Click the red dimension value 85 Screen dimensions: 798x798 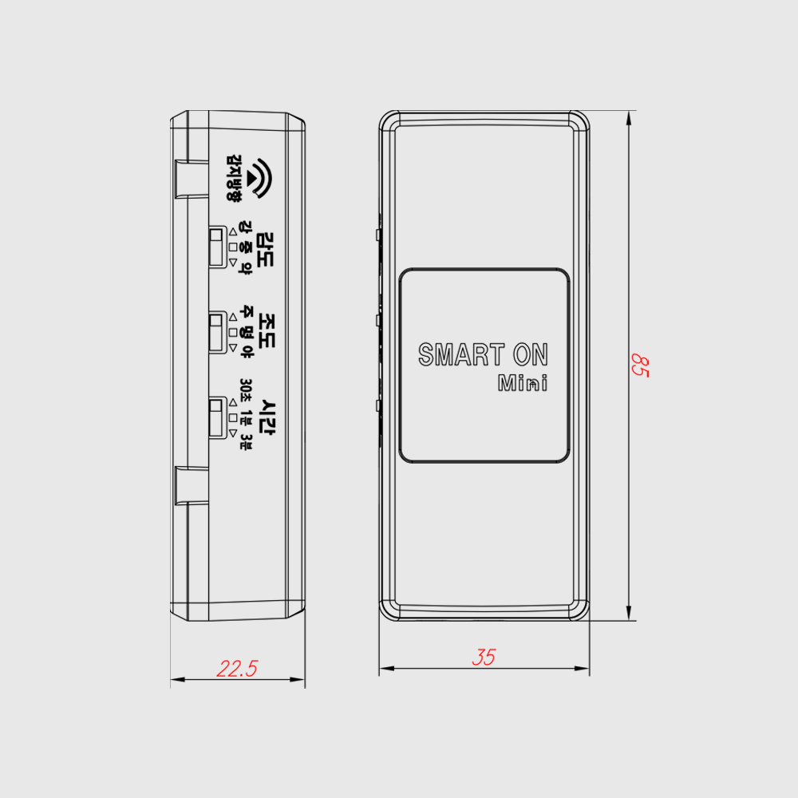(x=640, y=365)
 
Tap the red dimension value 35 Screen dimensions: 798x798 (x=484, y=657)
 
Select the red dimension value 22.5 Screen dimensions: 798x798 (x=237, y=668)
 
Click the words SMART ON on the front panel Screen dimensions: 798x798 (x=483, y=355)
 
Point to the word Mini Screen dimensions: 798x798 (x=523, y=383)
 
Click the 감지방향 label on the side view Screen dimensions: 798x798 (x=234, y=178)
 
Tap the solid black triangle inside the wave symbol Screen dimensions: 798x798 (x=252, y=178)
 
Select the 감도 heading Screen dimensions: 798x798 (x=265, y=250)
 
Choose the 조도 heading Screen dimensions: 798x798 (x=267, y=330)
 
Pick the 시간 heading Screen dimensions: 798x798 (x=267, y=418)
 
